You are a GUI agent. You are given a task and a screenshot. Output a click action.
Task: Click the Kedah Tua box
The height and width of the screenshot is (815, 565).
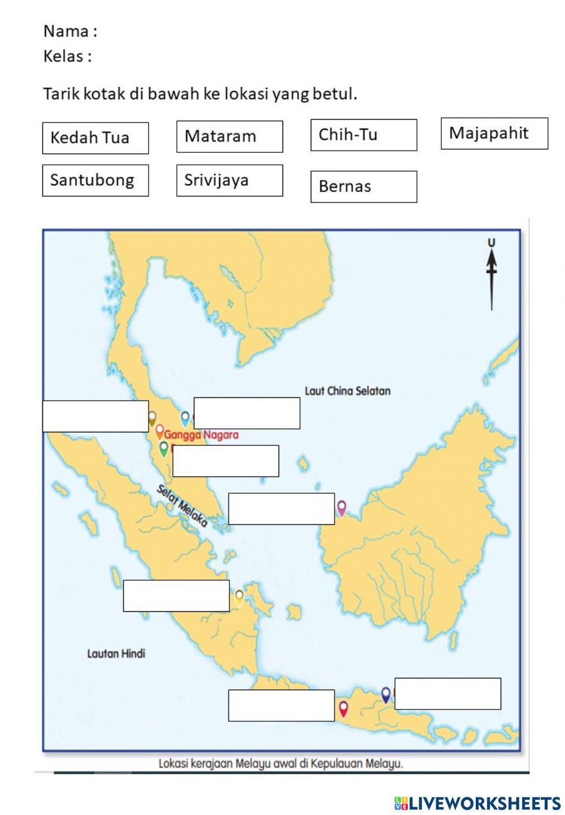click(95, 138)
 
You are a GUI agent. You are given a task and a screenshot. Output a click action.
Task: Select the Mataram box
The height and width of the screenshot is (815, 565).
click(229, 137)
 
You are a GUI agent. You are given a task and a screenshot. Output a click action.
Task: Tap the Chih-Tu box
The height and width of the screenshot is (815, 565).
click(363, 135)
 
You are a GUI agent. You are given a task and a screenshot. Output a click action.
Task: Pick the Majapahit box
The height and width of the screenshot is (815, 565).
click(494, 133)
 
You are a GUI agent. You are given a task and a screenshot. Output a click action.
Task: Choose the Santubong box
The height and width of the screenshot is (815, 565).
click(95, 181)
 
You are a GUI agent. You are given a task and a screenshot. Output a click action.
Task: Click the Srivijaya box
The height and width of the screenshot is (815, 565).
click(229, 181)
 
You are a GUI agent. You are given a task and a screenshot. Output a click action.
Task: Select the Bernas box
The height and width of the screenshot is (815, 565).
click(363, 187)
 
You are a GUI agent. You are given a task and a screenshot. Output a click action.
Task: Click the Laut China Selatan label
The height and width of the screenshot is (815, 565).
click(347, 391)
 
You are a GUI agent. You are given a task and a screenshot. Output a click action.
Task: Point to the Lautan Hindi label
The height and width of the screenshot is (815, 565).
click(116, 654)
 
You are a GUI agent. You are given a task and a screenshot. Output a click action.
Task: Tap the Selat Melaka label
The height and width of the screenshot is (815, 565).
click(182, 506)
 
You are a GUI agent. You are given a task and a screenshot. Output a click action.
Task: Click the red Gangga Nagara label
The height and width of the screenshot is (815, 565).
click(201, 435)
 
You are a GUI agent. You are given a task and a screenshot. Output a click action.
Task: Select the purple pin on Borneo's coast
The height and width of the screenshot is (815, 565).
click(341, 508)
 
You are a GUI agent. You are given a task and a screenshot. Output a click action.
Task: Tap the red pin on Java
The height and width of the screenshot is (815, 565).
click(343, 708)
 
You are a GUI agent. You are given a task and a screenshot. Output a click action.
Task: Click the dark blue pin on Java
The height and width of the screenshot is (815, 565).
click(386, 694)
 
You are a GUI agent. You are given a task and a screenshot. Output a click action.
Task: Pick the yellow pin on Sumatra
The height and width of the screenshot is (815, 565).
click(240, 597)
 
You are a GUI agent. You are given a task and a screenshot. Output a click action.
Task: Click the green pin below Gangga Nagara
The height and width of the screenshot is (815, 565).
click(164, 449)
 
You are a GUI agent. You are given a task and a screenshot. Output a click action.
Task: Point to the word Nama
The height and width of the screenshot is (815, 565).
click(66, 31)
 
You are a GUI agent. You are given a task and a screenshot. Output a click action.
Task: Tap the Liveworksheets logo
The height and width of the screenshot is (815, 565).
click(477, 803)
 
